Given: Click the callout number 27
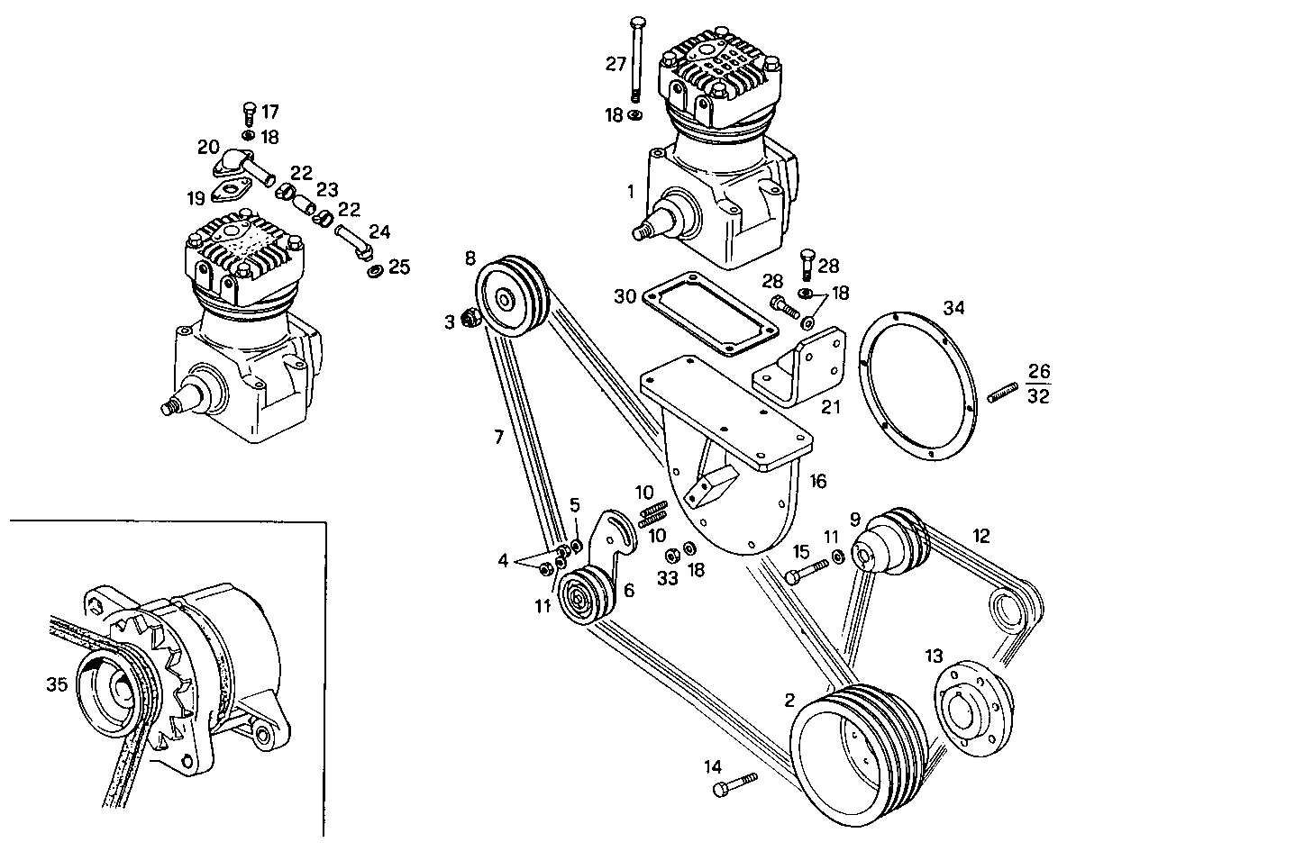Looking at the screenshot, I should click(616, 64).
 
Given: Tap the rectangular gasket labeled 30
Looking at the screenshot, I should click(709, 309).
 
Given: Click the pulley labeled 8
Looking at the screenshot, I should click(509, 296).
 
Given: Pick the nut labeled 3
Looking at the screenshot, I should click(469, 317).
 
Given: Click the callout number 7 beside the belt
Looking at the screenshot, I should click(497, 439).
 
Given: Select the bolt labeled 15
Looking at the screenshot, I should click(807, 572).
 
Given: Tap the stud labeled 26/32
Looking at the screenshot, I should click(1003, 394).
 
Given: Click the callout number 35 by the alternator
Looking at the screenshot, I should click(57, 684).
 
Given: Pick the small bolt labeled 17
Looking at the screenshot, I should click(250, 114).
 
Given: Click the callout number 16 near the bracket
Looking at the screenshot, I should click(816, 483).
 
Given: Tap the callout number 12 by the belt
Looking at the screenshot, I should click(981, 536).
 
